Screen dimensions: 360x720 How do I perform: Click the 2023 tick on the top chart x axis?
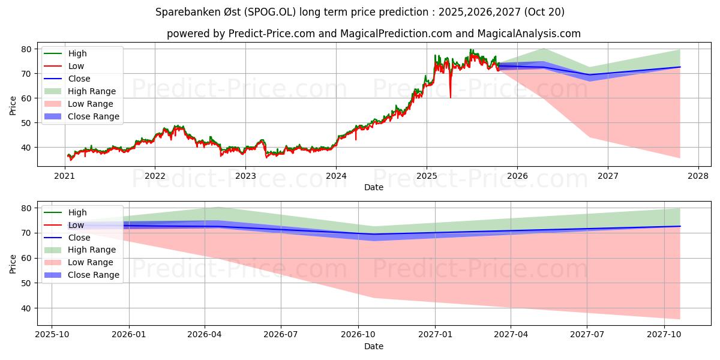245,176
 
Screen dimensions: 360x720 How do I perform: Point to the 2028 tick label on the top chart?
698,176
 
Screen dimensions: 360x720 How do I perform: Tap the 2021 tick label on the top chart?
64,176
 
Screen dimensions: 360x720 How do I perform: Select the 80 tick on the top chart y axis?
26,49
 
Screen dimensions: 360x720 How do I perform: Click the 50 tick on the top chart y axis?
26,123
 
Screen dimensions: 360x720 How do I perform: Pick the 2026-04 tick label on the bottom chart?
205,335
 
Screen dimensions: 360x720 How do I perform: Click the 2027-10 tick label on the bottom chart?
664,335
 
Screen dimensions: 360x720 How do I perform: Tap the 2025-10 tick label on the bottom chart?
52,335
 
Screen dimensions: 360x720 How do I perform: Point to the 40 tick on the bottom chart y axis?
26,308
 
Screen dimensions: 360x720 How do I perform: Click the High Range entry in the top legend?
92,91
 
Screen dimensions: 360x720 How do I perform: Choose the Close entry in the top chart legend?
79,79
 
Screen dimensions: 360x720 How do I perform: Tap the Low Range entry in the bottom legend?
90,262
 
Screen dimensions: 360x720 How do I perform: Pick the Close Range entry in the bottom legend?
93,275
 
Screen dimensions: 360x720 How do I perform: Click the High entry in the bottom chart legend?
77,212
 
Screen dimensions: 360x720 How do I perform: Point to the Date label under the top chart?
374,187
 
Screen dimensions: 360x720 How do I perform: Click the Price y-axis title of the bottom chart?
13,263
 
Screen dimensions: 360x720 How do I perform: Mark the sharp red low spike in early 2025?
451,96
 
